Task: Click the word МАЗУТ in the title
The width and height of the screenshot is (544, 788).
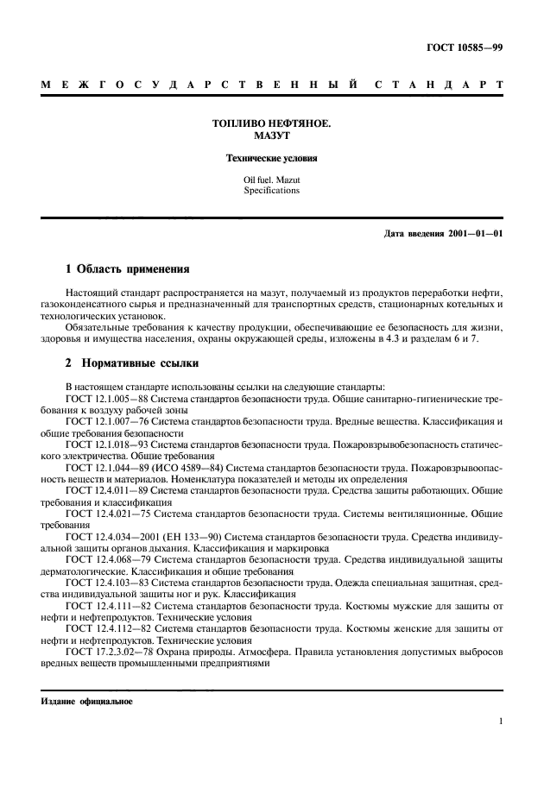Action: pyautogui.click(x=272, y=137)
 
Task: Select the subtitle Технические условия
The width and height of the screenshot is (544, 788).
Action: pyautogui.click(x=272, y=160)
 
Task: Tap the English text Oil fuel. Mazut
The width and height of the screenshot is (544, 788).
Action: pyautogui.click(x=272, y=180)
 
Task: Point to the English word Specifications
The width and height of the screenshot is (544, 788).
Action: pyautogui.click(x=272, y=191)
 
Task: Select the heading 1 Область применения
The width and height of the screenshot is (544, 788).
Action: pyautogui.click(x=127, y=269)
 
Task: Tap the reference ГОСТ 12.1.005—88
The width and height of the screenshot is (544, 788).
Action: pyautogui.click(x=108, y=402)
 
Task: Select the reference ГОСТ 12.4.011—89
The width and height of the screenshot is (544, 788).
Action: pyautogui.click(x=108, y=489)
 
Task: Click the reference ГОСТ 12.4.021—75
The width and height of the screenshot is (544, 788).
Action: pyautogui.click(x=108, y=514)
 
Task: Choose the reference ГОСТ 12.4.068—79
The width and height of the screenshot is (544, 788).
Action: pyautogui.click(x=108, y=558)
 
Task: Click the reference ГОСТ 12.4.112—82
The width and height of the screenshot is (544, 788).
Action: pyautogui.click(x=108, y=629)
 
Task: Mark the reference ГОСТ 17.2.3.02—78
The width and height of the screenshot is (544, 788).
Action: pyautogui.click(x=111, y=653)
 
